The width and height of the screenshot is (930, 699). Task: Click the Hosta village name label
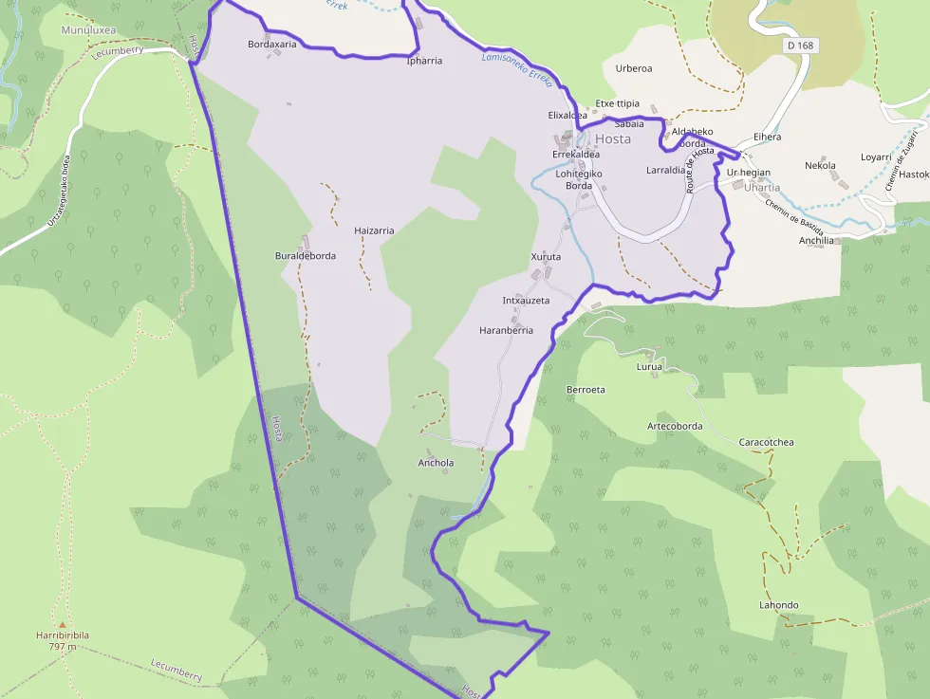point(613,138)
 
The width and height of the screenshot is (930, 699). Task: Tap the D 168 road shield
point(800,46)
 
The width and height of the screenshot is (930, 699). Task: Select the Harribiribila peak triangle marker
point(63,625)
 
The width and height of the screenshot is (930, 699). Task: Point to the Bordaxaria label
point(271,44)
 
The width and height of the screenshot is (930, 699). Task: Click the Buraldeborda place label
point(305,256)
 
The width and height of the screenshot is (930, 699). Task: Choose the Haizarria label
point(373,230)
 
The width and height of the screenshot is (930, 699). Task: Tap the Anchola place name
point(437,463)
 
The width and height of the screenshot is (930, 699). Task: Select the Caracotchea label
point(766,442)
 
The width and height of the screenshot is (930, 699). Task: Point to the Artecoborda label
point(675,426)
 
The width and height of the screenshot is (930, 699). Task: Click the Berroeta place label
point(586,389)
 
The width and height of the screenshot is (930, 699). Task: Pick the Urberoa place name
point(633,68)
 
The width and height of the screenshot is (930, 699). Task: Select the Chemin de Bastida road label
point(793,213)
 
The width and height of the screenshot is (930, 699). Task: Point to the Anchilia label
point(816,240)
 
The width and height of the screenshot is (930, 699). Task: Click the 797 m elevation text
point(63,647)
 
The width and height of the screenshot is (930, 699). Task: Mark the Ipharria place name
point(424,61)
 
